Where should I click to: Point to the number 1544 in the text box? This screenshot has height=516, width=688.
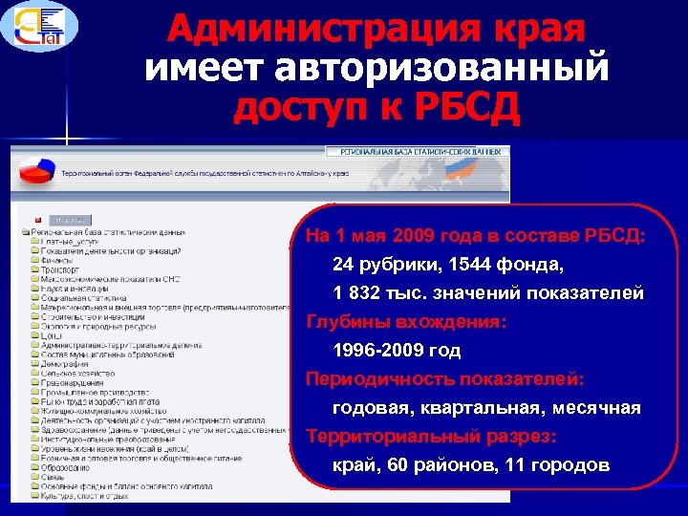pos(473,264)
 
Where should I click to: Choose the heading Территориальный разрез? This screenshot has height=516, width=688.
pos(431,437)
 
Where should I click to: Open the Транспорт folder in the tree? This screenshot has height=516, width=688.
pos(60,269)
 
